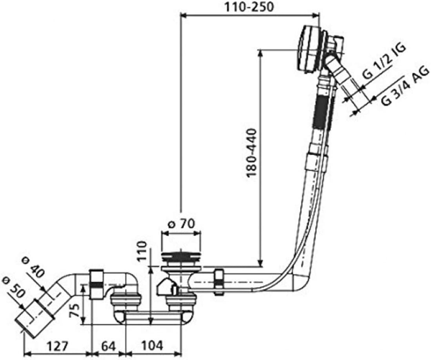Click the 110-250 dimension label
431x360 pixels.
coord(249,7)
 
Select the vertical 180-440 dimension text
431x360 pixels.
coord(252,153)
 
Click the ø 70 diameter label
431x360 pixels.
coord(181,224)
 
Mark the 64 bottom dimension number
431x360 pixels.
coord(108,346)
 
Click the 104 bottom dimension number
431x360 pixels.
coord(152,346)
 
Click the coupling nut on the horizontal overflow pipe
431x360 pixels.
coord(219,282)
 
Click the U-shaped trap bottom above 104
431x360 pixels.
coord(153,317)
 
